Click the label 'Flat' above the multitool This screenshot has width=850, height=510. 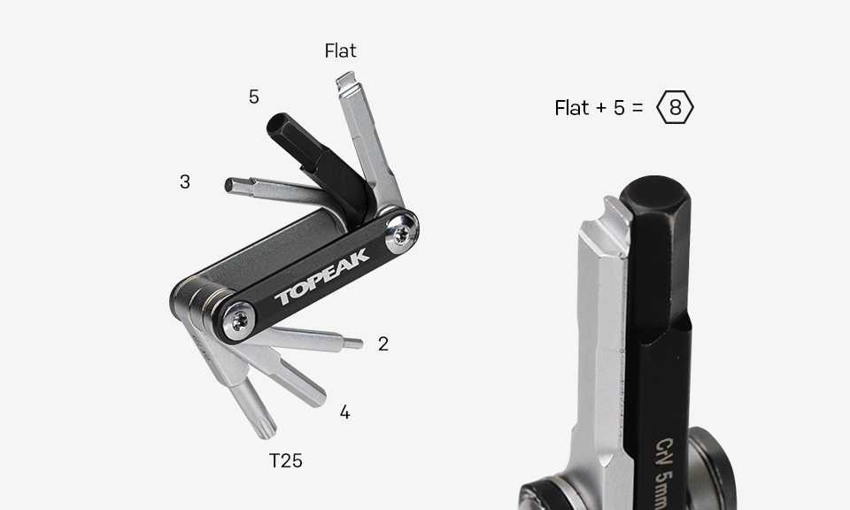tap(340, 50)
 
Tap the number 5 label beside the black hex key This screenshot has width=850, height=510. tap(254, 97)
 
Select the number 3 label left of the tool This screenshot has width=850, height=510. tap(185, 182)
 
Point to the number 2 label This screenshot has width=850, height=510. tap(383, 344)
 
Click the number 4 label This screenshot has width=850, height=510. tap(344, 413)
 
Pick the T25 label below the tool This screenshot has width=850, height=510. tap(286, 460)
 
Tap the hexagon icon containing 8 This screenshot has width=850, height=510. tap(675, 107)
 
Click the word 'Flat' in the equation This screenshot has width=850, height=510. tap(571, 108)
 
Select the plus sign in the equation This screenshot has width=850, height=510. tap(600, 108)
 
